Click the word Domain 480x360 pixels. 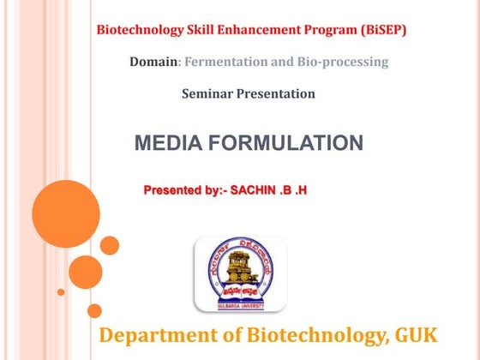click(154, 62)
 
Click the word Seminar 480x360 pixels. click(207, 93)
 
